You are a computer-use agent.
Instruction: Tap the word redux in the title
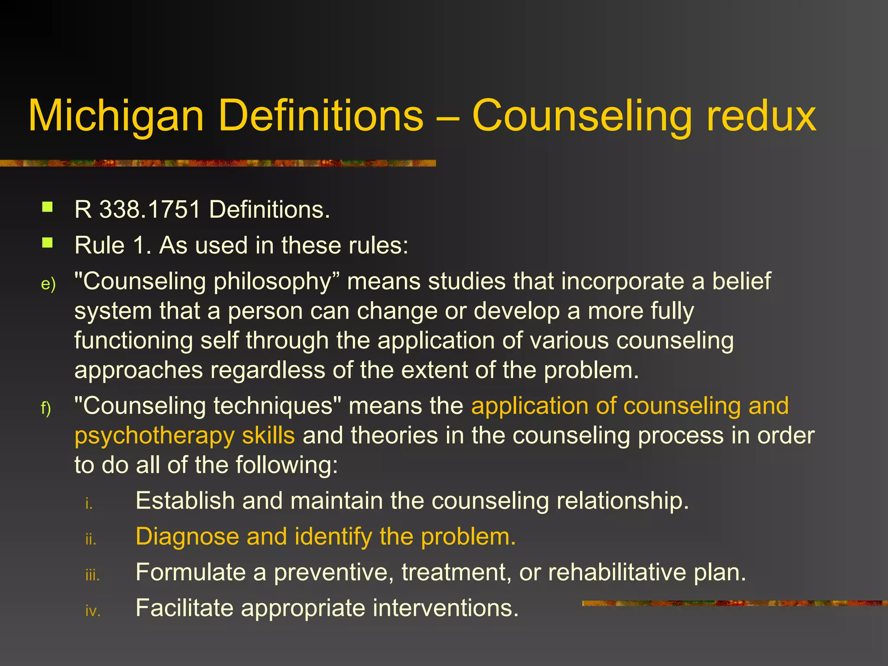[761, 115]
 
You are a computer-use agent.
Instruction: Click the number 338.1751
[150, 209]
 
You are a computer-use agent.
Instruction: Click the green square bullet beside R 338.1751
[47, 207]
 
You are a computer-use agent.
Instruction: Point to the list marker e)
[48, 284]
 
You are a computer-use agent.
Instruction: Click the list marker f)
[46, 408]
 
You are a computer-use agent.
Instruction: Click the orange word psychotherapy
[154, 436]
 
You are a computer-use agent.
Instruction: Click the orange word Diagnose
[187, 537]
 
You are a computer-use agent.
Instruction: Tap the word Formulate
[191, 572]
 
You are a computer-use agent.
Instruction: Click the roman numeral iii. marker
[92, 575]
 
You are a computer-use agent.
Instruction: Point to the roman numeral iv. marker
[93, 611]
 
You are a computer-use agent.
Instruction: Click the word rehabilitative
[617, 572]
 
